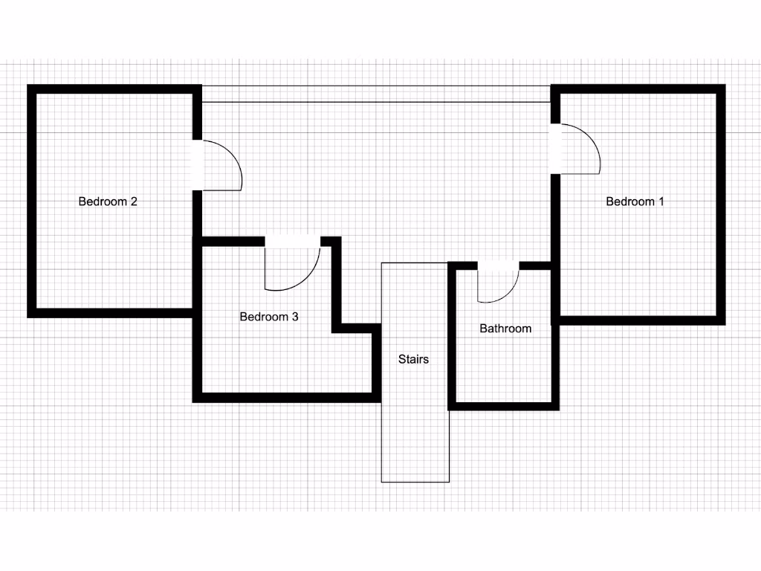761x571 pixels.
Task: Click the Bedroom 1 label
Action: [x=635, y=201]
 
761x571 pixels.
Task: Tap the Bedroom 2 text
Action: [x=108, y=201]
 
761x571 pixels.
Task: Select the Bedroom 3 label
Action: [x=269, y=317]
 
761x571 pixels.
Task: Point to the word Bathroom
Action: [x=505, y=329]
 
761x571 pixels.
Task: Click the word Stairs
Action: [x=413, y=360]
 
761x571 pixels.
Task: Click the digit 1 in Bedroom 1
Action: [x=661, y=201]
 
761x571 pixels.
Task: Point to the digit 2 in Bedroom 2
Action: [x=134, y=201]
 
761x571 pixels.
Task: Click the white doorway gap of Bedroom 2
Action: [x=197, y=165]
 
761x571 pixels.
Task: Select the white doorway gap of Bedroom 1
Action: [x=554, y=148]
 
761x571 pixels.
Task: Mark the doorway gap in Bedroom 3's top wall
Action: [x=293, y=241]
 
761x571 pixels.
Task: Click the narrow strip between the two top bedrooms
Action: [x=375, y=94]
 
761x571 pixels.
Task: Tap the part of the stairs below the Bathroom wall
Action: [x=415, y=446]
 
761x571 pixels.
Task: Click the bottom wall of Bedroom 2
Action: [x=111, y=313]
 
